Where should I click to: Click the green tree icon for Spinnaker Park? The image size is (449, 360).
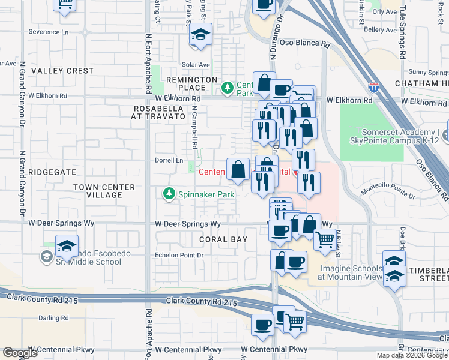[169, 194]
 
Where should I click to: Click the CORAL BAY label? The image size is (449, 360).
[223, 239]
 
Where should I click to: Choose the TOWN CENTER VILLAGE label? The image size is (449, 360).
[104, 191]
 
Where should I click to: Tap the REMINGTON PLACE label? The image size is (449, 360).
[191, 83]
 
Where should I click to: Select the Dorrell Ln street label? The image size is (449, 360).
[170, 160]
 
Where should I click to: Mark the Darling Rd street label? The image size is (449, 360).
[52, 318]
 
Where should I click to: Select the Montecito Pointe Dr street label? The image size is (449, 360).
[388, 191]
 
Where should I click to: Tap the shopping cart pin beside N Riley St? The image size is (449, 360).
[325, 239]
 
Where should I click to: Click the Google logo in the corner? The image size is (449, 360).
[20, 353]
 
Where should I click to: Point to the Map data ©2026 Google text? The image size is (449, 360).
[412, 355]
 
